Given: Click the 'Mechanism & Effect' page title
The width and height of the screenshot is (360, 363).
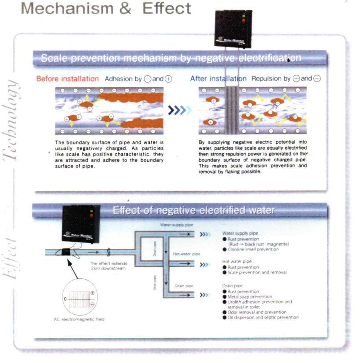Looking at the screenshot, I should click(x=106, y=8).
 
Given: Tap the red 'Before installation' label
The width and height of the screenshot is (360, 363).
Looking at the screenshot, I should click(x=67, y=79).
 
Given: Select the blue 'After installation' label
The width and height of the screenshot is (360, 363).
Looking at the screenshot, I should click(x=218, y=79).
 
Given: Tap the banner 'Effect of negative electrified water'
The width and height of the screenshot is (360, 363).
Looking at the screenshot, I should click(x=193, y=211).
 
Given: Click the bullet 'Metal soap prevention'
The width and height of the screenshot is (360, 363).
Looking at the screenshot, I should click(x=250, y=296).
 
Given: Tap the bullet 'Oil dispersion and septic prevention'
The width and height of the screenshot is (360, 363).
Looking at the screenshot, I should click(x=262, y=317).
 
